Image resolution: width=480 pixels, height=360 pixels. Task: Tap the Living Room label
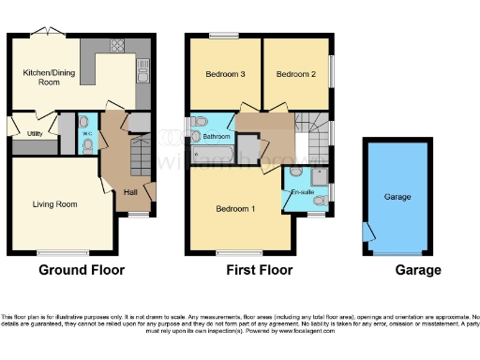54,203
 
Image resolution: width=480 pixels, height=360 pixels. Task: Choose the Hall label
130,192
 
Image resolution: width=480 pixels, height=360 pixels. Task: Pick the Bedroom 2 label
293,75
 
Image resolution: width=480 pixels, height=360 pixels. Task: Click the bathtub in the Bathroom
211,151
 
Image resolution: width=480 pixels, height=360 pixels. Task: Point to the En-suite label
303,192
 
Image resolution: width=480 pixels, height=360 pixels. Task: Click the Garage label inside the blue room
397,198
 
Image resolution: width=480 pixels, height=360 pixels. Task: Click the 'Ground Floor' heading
81,270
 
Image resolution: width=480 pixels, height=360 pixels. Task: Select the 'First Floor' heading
260,270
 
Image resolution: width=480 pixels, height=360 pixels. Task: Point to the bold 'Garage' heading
417,270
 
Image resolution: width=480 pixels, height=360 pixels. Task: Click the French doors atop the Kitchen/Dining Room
44,34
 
